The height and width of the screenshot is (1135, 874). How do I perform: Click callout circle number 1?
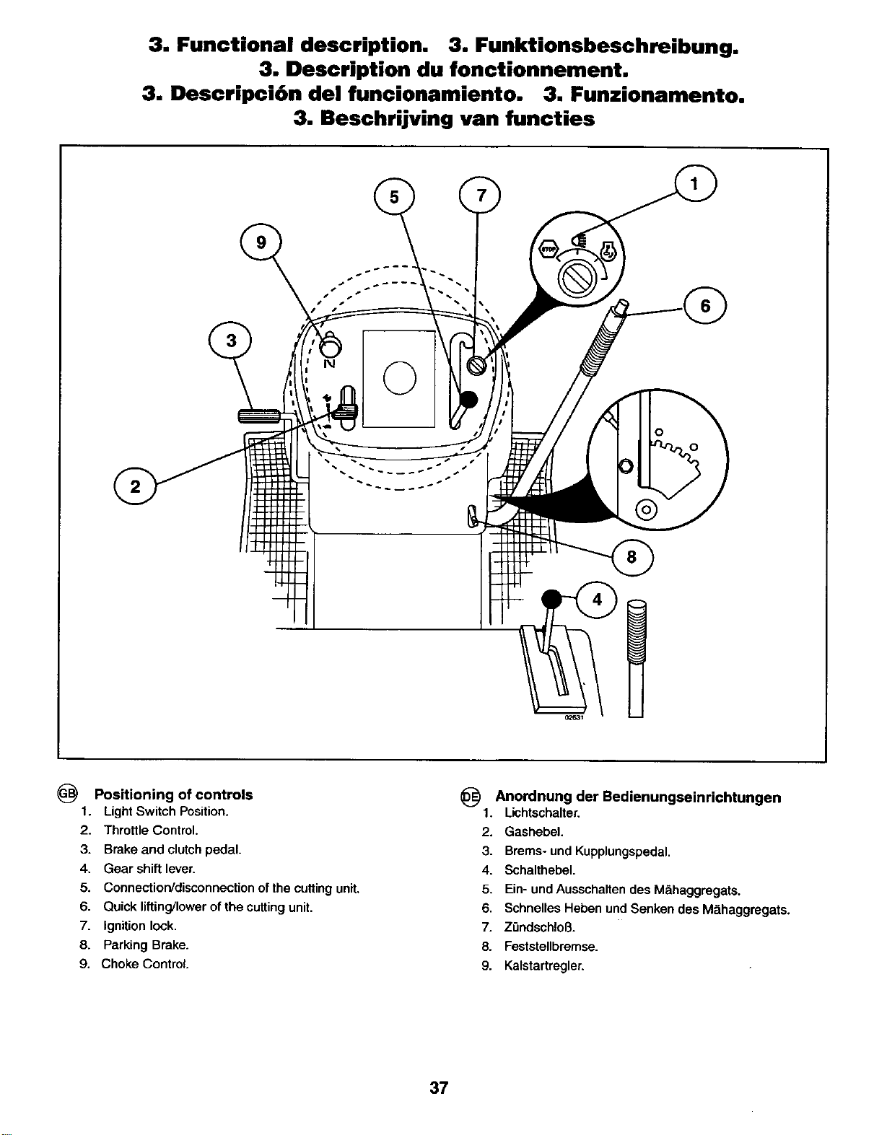click(695, 185)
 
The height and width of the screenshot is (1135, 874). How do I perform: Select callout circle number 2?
click(135, 486)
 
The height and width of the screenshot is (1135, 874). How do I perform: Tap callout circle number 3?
click(230, 341)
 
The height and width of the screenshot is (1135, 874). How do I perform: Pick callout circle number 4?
click(597, 600)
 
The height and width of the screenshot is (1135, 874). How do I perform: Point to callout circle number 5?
click(395, 198)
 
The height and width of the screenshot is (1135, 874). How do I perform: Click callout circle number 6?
click(705, 305)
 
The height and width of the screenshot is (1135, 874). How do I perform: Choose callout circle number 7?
click(479, 196)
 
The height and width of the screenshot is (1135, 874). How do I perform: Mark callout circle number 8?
click(632, 558)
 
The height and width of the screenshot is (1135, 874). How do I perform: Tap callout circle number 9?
click(261, 243)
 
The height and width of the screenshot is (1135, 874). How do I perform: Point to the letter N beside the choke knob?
click(328, 364)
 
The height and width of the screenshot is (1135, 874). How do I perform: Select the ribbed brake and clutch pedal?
click(259, 416)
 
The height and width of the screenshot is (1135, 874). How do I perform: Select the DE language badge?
click(469, 795)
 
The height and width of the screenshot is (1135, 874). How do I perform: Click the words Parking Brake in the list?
click(146, 945)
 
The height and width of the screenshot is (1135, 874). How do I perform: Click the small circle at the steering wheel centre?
click(400, 378)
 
